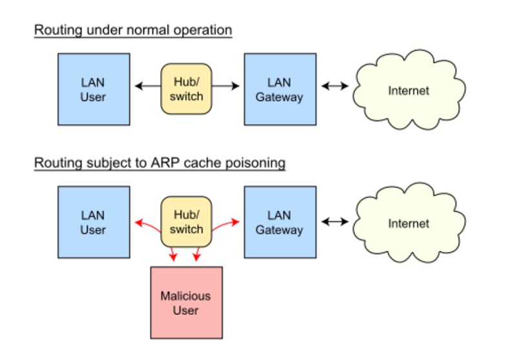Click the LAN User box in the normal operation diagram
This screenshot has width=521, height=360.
click(x=94, y=89)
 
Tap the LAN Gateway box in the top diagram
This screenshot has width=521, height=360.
click(x=280, y=89)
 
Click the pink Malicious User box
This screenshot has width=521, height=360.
click(x=185, y=303)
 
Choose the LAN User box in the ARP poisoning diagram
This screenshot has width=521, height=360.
click(x=94, y=222)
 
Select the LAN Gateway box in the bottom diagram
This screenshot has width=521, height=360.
click(x=280, y=222)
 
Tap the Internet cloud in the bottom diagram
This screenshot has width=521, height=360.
click(x=408, y=223)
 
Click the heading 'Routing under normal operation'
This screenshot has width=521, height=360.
click(x=132, y=30)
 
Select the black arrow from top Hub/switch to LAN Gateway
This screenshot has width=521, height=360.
click(x=226, y=85)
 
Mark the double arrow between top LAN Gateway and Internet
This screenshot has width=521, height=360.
click(x=335, y=85)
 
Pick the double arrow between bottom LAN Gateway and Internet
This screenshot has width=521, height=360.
click(x=335, y=222)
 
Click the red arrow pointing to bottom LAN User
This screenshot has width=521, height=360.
click(x=147, y=225)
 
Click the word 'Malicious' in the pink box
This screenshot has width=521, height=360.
click(x=185, y=296)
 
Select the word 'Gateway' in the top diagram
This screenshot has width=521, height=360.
click(x=280, y=97)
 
